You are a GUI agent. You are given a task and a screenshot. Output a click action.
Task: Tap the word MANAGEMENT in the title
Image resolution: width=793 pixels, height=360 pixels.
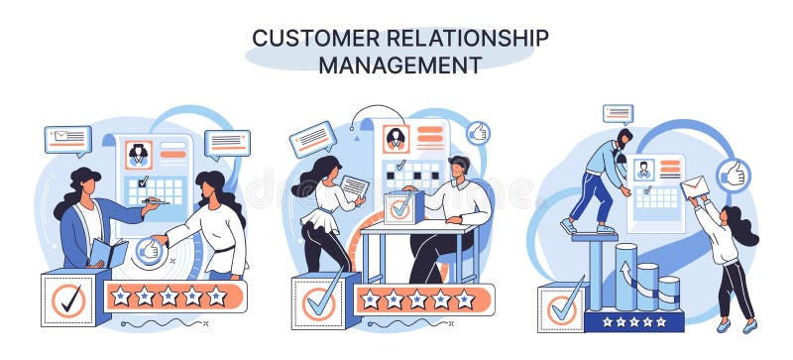[x=399, y=65]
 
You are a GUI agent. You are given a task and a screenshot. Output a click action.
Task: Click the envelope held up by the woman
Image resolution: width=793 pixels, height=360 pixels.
[x=693, y=186]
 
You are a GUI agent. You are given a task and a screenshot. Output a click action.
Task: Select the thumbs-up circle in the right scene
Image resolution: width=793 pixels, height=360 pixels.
[x=734, y=176]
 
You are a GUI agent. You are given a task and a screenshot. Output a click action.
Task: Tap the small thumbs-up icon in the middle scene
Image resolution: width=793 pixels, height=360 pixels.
[x=478, y=132]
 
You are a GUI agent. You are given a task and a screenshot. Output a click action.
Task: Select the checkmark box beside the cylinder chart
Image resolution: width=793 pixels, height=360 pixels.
[x=563, y=308]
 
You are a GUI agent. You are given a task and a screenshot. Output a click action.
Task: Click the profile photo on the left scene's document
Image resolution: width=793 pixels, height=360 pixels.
[x=137, y=154]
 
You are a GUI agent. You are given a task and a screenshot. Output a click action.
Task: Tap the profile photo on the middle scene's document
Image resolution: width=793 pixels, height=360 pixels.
[x=397, y=139]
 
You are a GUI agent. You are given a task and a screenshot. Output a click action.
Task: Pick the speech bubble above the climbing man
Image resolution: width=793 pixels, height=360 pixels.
[x=618, y=113]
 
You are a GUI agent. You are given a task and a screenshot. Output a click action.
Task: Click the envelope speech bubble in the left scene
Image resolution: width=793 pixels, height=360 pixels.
[x=67, y=138]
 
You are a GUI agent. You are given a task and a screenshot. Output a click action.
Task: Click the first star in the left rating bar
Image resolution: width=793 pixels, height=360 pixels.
[x=121, y=296]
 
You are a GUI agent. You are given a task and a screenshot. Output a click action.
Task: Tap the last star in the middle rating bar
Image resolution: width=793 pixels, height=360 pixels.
[x=464, y=299]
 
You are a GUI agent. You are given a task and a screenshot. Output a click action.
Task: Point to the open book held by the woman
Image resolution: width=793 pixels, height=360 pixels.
[x=107, y=255]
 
